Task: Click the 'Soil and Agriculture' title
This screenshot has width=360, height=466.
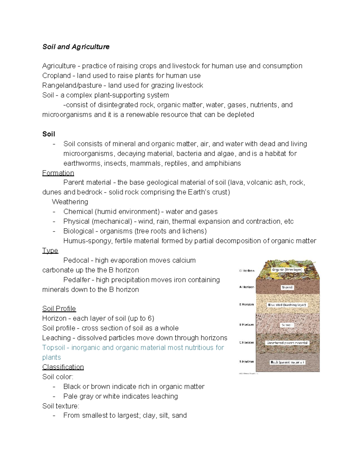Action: (76, 47)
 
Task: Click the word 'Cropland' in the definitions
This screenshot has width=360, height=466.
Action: (56, 76)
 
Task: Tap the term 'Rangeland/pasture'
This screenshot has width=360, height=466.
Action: (72, 86)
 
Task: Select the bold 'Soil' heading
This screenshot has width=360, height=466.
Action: (49, 134)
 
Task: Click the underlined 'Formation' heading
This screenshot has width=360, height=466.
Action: (58, 173)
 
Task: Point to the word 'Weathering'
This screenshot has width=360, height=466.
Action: (70, 202)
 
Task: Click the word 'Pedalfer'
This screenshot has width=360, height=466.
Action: (77, 280)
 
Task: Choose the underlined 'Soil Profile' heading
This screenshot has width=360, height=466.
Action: (59, 309)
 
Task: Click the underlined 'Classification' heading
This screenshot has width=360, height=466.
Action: (63, 367)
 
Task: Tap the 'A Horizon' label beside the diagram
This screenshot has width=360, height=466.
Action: (247, 287)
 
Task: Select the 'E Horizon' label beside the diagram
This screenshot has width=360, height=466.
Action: (247, 305)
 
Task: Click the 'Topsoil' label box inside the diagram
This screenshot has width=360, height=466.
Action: (287, 287)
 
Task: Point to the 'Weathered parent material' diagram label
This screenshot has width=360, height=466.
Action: (287, 343)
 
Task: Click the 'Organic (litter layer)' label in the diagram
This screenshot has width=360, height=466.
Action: (287, 270)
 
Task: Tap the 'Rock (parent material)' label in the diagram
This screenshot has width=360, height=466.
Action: (287, 362)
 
